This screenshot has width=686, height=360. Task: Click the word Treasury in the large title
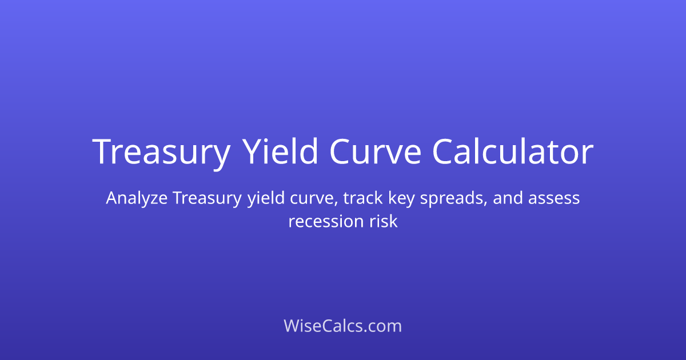click(x=161, y=153)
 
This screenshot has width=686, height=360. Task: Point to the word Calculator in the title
click(x=513, y=153)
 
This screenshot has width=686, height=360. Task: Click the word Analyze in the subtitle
click(x=136, y=199)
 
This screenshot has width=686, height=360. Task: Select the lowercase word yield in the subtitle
click(x=262, y=199)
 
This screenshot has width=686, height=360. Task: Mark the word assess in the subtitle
click(x=554, y=199)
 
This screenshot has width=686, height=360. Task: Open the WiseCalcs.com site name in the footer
click(x=343, y=326)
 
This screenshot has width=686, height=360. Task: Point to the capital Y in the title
click(x=252, y=153)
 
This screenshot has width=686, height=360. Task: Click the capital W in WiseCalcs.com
click(x=292, y=326)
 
